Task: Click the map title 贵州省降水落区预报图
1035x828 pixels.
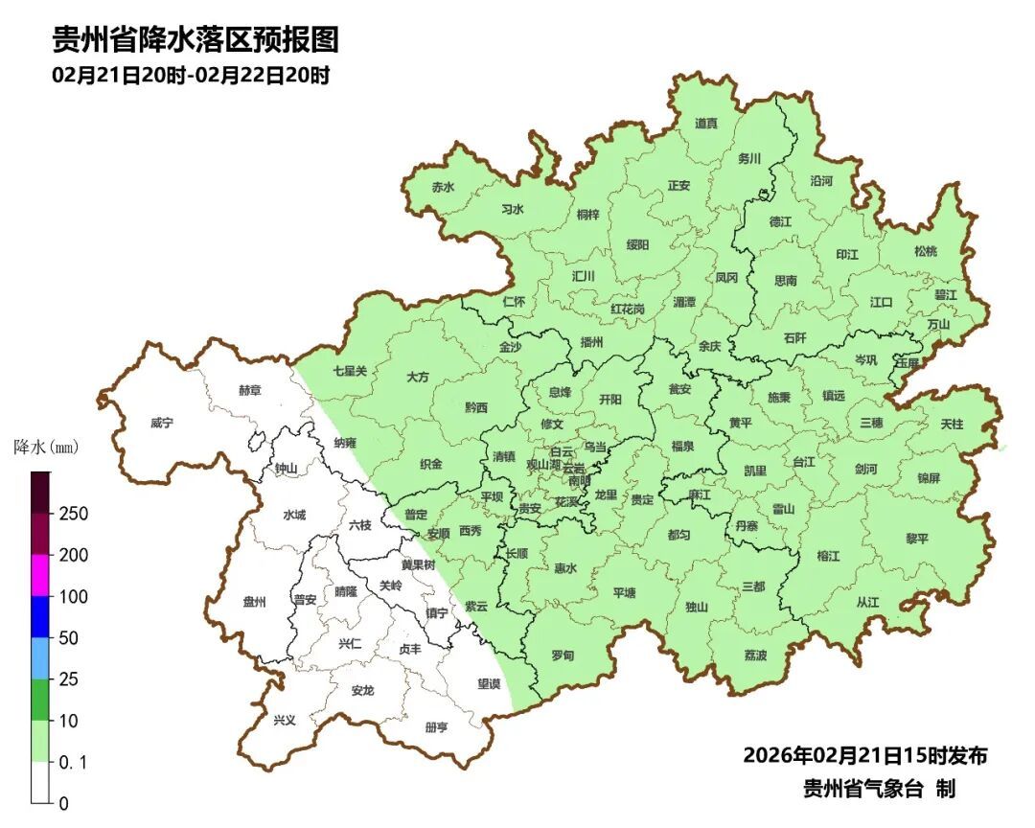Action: point(195,40)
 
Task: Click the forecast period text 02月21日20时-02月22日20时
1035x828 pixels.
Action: point(191,76)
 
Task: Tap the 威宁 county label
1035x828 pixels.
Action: point(163,423)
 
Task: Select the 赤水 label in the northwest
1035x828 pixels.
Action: point(443,188)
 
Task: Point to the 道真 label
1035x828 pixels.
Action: point(706,124)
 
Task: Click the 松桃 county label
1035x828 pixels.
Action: point(925,251)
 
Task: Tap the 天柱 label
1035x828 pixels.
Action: point(952,423)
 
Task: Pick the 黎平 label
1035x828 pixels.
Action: point(917,539)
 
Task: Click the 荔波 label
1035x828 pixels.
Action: point(755,655)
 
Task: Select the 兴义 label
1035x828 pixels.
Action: point(285,720)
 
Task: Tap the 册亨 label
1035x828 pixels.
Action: point(436,727)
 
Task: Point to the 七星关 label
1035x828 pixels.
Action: point(350,370)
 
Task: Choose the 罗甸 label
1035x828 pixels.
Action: point(563,655)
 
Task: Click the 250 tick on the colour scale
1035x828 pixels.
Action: point(73,514)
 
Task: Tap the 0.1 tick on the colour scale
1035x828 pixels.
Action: point(73,762)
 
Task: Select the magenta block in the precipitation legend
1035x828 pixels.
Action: point(40,575)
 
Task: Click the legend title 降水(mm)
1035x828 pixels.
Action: point(47,448)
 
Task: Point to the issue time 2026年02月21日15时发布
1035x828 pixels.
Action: point(865,755)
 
